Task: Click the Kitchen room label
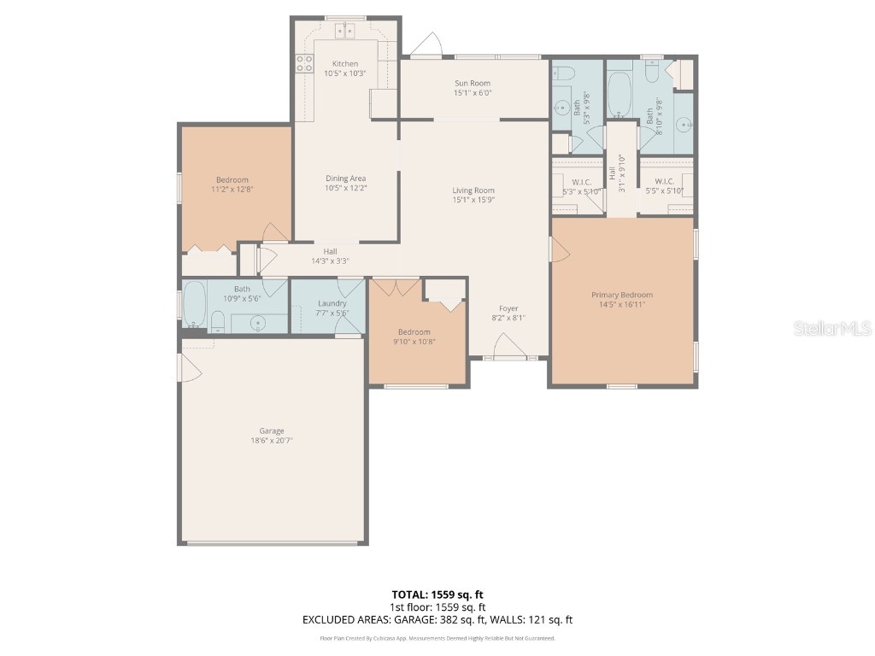(x=345, y=64)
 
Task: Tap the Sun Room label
(x=473, y=83)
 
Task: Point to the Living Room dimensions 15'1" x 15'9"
(x=473, y=200)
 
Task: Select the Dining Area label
(x=345, y=178)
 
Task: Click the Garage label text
(x=272, y=430)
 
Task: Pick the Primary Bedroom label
(x=621, y=295)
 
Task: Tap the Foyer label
(x=508, y=308)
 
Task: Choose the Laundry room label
(x=332, y=303)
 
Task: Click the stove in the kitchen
(x=303, y=62)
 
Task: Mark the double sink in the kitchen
(x=345, y=32)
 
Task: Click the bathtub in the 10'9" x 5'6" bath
(x=195, y=306)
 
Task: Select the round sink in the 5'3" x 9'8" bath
(x=562, y=108)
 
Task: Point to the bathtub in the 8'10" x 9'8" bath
(x=620, y=94)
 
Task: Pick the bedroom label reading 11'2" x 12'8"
(x=232, y=184)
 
